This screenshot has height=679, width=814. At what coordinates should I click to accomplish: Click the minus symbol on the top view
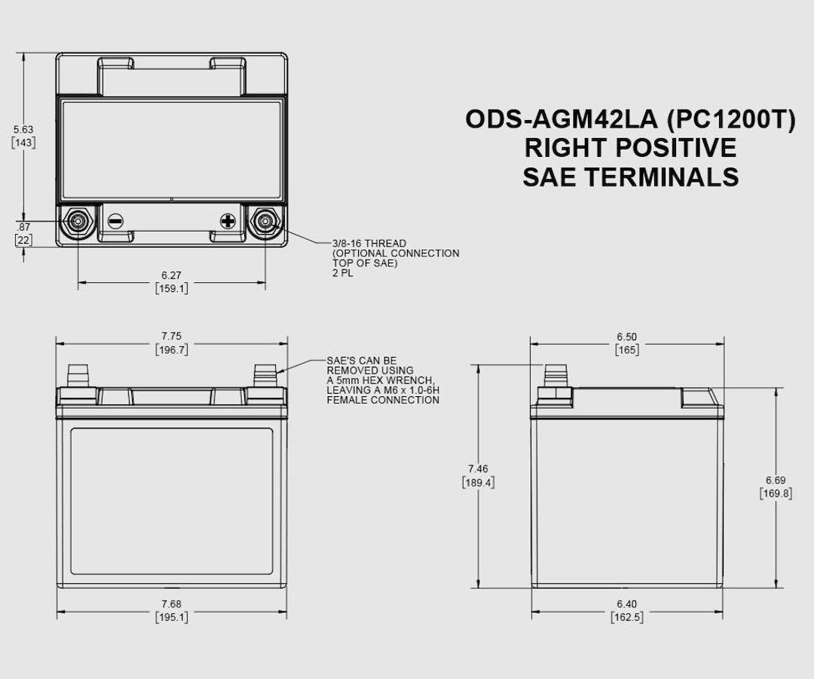point(115,221)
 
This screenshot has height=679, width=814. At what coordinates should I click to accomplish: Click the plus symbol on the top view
point(228,221)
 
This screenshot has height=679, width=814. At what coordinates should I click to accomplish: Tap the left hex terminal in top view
point(78,221)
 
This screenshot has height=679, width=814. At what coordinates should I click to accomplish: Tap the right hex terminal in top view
point(265,221)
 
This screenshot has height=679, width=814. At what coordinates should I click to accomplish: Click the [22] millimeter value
point(23,240)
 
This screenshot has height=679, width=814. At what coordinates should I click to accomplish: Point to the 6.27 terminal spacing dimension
point(171,275)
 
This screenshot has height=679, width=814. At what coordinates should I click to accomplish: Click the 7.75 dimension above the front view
point(171,336)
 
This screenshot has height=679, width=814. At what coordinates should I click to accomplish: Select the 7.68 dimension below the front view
point(171,604)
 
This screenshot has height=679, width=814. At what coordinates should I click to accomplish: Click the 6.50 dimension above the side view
point(626,336)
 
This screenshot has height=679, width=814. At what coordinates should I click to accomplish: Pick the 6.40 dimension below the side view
point(626,604)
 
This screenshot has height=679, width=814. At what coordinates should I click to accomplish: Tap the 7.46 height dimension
point(478,469)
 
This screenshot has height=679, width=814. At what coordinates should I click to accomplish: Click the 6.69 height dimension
point(776,480)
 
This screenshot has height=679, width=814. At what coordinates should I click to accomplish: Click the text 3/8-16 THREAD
point(369,244)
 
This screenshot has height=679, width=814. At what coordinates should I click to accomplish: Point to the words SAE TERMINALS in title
point(630,177)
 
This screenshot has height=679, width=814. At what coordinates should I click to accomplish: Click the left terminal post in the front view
point(78,374)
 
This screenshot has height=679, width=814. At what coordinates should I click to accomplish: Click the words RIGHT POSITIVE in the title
point(630,148)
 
